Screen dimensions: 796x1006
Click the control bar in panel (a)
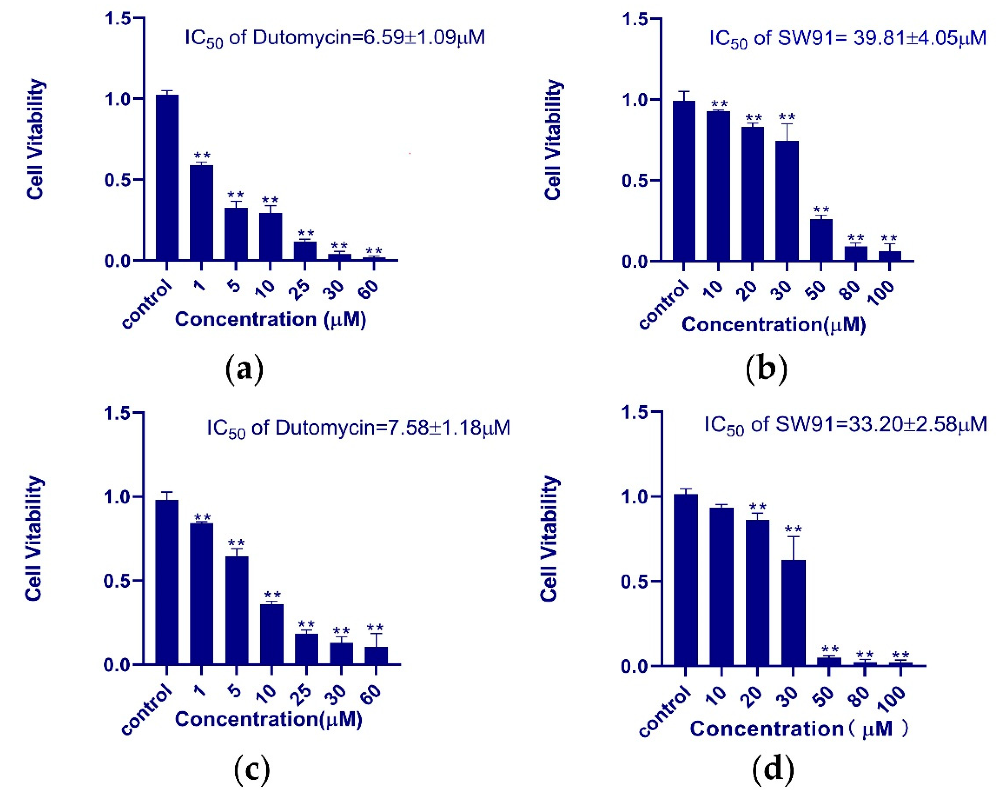click(x=167, y=177)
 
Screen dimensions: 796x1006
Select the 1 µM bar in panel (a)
click(x=201, y=212)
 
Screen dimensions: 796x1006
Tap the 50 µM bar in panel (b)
click(x=821, y=240)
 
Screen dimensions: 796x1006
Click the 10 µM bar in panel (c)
click(x=272, y=634)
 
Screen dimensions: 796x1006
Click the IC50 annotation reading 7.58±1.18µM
click(x=358, y=428)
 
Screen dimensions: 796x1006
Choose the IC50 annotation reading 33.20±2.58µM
click(x=845, y=425)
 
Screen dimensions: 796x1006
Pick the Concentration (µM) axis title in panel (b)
click(x=773, y=324)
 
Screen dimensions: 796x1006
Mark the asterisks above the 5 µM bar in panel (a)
click(x=236, y=195)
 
